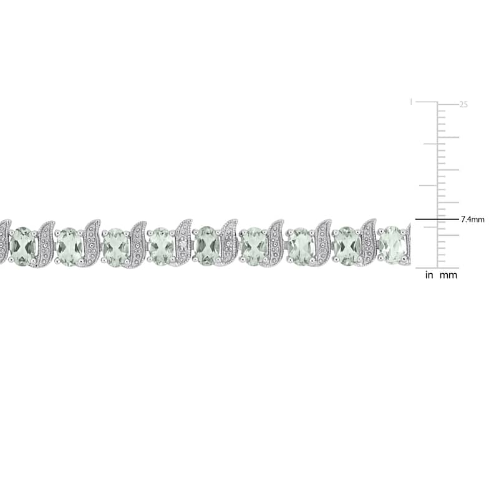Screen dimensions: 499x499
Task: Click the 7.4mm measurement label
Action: click(473, 220)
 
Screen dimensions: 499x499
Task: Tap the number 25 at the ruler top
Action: click(463, 104)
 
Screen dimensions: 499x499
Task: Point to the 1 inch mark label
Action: click(411, 102)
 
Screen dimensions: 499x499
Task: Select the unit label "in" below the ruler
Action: click(429, 275)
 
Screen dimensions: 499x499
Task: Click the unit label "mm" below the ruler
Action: click(448, 275)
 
